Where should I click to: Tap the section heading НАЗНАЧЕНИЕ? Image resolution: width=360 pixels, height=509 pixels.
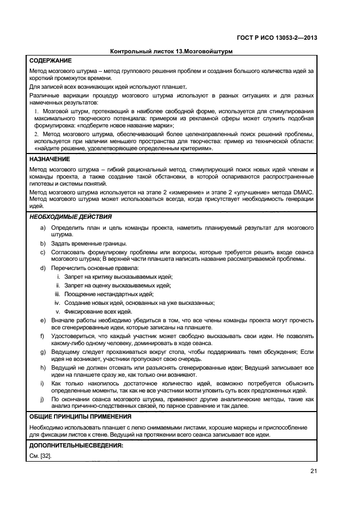point(50,159)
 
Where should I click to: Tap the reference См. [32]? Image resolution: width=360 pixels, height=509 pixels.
point(40,456)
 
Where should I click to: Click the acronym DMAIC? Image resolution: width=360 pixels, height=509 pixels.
point(302,192)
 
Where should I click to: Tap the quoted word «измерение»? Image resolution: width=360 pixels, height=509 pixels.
point(172,192)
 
